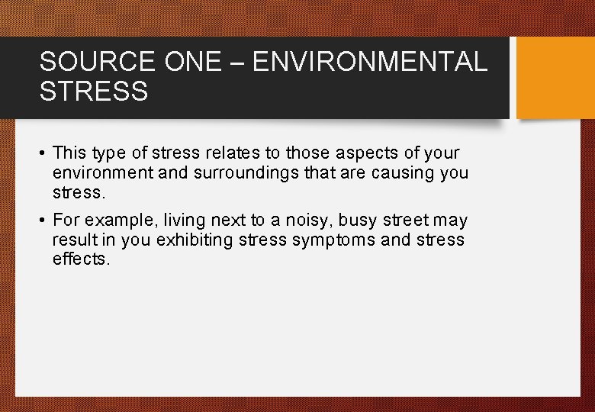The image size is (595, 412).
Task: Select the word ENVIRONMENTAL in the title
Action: (x=370, y=62)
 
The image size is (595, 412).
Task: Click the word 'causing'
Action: (x=404, y=172)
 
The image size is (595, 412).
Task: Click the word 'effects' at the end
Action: (x=81, y=259)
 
